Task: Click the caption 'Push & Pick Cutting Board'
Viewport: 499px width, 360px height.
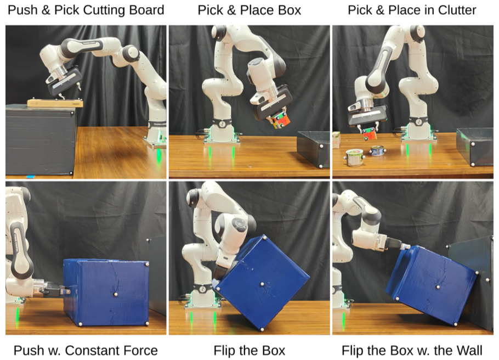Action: point(86,10)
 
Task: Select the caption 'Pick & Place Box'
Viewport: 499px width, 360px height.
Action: point(249,10)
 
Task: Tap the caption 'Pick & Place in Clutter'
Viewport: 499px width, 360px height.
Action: point(412,10)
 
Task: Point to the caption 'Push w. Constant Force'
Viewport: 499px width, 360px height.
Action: point(86,351)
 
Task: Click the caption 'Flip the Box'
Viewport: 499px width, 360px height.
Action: point(249,351)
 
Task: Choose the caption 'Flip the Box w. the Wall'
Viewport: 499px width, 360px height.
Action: point(412,351)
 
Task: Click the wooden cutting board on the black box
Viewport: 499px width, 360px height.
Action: point(55,103)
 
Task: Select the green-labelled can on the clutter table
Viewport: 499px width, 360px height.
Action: point(355,157)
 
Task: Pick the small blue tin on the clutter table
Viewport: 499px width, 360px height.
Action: point(377,150)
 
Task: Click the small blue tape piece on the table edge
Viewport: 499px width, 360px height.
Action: point(31,176)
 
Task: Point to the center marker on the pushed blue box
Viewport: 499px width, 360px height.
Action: point(115,294)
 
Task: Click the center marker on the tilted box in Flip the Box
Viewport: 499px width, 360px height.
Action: point(262,284)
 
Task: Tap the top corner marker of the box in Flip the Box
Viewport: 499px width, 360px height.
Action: point(264,237)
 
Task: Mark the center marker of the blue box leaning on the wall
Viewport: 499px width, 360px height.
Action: point(438,287)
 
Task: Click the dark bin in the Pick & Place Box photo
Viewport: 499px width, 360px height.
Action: point(314,149)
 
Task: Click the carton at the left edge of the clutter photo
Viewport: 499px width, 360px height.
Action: point(336,140)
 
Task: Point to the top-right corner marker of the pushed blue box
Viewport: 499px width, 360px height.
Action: point(147,264)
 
